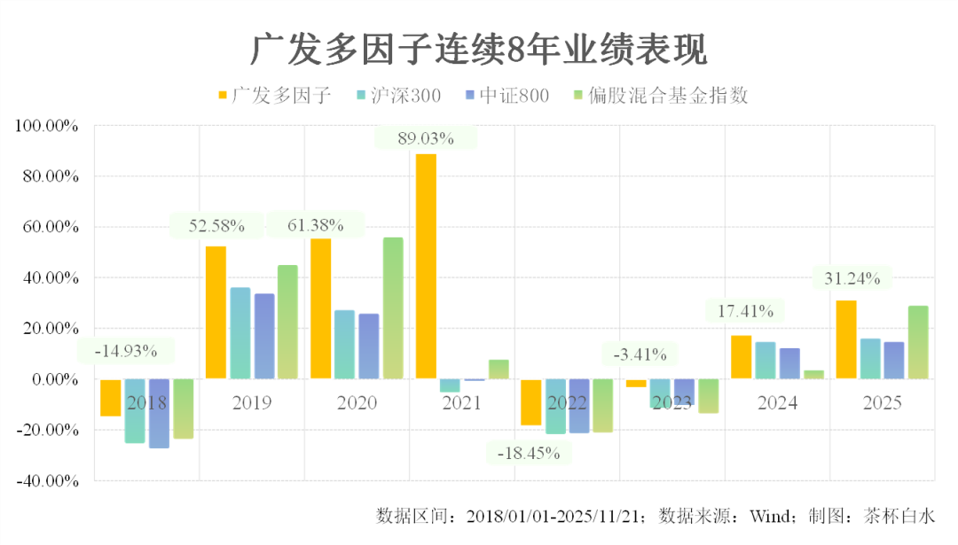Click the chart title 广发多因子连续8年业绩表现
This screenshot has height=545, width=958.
coord(479,51)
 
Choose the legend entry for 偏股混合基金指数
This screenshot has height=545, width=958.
coord(661,96)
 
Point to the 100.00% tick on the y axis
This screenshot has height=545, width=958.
coord(47,127)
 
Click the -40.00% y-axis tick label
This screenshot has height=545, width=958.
coord(47,481)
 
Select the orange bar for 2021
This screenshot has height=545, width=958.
coord(426,266)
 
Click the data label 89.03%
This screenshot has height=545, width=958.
coord(426,138)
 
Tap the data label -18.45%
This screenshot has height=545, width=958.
coord(528,453)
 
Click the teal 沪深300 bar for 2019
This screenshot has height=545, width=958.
coord(240,332)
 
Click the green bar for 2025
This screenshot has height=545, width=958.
coord(918,342)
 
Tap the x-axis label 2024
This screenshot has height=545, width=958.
coord(777,403)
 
